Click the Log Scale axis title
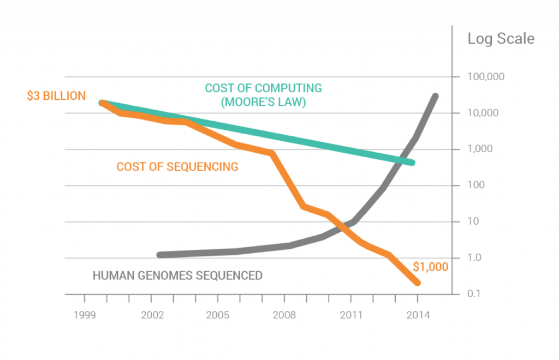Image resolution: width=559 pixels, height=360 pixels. point(501,39)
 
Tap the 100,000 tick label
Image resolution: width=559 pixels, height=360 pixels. point(486,77)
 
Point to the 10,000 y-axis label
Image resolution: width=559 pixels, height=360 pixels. point(483,113)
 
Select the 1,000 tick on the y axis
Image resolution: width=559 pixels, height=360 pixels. point(480,149)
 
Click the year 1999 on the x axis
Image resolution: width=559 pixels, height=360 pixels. point(84,315)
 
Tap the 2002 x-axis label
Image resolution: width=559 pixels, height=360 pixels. point(151,315)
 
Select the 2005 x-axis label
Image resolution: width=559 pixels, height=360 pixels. point(218,315)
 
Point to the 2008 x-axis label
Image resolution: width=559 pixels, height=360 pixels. point(284,315)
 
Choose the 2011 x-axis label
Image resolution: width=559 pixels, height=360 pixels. point(350,315)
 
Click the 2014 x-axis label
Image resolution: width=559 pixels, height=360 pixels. point(418,315)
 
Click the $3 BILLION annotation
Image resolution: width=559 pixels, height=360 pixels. point(56,96)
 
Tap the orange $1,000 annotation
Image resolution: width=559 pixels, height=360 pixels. point(430,267)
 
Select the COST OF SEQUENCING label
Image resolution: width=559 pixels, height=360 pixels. point(177,166)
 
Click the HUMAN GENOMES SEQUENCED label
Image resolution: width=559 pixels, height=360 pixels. point(177,275)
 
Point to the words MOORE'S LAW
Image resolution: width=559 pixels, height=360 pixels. point(263,101)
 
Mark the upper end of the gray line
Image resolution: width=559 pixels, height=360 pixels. point(435,97)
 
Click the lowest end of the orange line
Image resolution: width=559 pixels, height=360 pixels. point(418,283)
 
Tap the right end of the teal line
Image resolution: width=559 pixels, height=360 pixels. point(412,163)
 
